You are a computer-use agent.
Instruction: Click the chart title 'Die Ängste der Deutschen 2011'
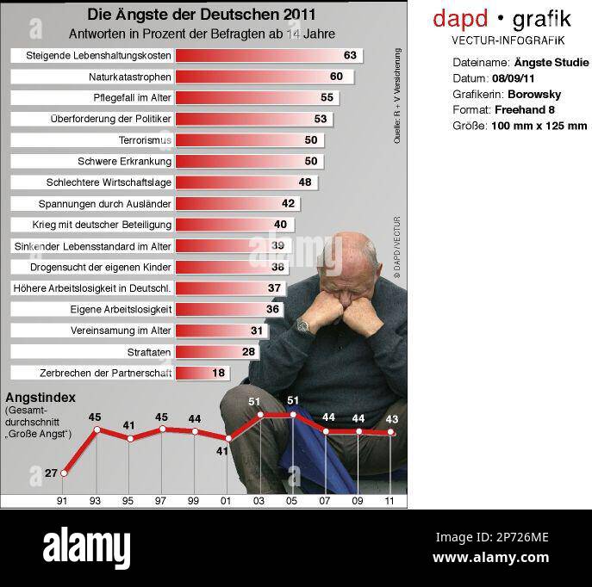tap(201, 15)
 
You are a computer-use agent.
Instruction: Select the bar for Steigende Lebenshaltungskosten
tap(267, 55)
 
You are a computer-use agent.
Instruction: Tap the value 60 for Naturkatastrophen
tap(335, 77)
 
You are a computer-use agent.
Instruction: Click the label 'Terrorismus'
tap(145, 140)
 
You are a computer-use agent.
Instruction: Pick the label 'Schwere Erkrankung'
tap(125, 161)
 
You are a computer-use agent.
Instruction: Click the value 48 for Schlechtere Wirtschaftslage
tap(304, 182)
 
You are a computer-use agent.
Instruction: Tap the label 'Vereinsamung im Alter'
tap(121, 331)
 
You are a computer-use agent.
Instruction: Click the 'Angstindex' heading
tap(41, 398)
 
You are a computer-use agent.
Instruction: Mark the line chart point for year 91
tap(63, 473)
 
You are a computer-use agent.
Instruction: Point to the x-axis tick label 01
tap(227, 500)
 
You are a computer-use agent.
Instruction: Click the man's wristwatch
tap(303, 325)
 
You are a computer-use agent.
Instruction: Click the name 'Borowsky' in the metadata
tap(534, 94)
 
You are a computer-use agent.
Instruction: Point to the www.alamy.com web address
tap(490, 557)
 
